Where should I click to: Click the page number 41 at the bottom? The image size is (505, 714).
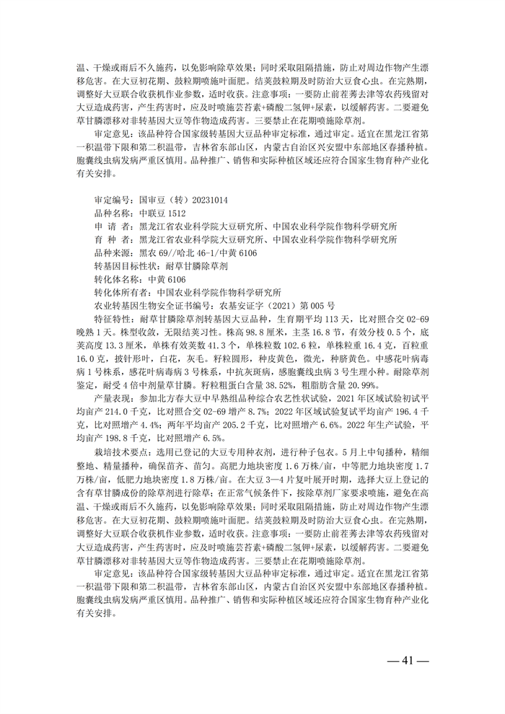click(x=408, y=661)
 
